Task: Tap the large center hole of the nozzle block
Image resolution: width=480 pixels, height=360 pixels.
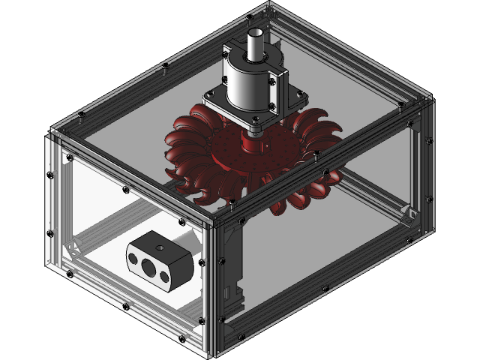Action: coord(148,265)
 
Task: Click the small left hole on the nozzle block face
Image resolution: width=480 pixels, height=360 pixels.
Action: coord(133,259)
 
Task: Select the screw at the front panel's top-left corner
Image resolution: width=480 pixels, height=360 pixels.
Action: coord(51,136)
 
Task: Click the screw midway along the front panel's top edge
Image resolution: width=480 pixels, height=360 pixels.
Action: coord(124,180)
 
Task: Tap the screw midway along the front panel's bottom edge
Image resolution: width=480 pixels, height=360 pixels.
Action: coord(124,307)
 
